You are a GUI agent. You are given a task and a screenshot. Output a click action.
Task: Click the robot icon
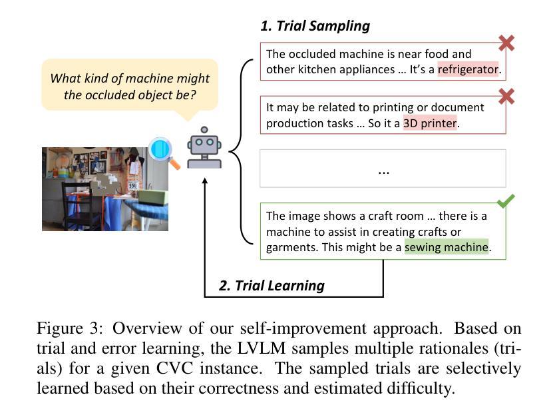click(204, 147)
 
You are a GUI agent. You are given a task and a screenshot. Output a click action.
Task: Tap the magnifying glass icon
click(164, 153)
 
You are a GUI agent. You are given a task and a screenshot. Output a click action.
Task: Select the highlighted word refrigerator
click(468, 69)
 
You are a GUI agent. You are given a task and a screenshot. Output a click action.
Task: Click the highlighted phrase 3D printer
click(430, 123)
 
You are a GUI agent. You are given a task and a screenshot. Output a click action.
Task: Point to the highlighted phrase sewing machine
click(447, 247)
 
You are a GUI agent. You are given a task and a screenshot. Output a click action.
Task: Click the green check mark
click(506, 201)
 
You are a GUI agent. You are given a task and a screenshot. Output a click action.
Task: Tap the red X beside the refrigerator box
click(506, 43)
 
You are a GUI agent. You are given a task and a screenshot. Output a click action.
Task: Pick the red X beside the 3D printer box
click(506, 97)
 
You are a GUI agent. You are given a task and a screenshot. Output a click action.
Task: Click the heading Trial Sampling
click(315, 26)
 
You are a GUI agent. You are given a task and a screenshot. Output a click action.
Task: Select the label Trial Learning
click(272, 286)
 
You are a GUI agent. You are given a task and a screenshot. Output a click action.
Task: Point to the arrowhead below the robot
click(204, 181)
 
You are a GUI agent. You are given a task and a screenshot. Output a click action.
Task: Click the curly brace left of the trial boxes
click(241, 152)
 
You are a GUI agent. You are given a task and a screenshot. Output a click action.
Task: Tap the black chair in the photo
click(77, 206)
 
